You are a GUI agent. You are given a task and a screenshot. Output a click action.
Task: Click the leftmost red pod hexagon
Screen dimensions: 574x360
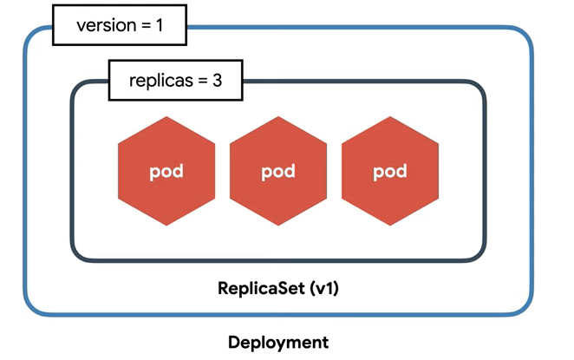[166, 171]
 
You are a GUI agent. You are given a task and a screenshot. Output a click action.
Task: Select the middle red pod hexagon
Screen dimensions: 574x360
[278, 171]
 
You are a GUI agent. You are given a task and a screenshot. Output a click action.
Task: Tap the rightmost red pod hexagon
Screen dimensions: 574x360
[390, 171]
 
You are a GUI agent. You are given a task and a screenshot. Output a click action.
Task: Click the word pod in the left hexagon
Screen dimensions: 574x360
[166, 172]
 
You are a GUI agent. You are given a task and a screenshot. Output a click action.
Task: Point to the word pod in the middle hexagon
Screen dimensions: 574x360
[278, 172]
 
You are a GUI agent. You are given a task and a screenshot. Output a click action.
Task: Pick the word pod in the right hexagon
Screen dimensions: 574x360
[390, 172]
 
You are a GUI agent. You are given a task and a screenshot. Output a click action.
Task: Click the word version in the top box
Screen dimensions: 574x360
[107, 26]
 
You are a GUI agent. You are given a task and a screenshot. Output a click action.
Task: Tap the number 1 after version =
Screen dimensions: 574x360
[160, 25]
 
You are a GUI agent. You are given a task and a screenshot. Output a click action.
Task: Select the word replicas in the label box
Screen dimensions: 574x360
[161, 81]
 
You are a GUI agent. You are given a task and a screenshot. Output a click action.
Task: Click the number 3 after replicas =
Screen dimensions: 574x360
[218, 80]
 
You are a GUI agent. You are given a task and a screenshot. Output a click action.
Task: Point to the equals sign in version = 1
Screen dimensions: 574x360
[147, 26]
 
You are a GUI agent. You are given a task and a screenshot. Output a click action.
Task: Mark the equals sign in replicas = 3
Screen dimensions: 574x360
[203, 81]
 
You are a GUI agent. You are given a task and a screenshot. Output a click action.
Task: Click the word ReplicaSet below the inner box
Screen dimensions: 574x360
[261, 288]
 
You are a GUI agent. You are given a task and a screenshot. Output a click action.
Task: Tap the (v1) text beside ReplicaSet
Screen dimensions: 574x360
[324, 288]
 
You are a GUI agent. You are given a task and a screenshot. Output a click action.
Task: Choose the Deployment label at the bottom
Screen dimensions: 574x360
[278, 343]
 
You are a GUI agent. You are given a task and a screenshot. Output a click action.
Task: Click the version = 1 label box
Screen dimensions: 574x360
[120, 25]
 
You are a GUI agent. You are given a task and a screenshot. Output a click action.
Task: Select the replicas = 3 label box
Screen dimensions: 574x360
[176, 80]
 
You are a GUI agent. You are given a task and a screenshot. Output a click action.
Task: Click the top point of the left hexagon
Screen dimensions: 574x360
[166, 116]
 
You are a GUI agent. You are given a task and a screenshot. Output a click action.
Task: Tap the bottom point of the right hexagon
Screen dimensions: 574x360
[390, 226]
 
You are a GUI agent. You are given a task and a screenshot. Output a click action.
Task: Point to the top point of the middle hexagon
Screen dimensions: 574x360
[278, 116]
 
